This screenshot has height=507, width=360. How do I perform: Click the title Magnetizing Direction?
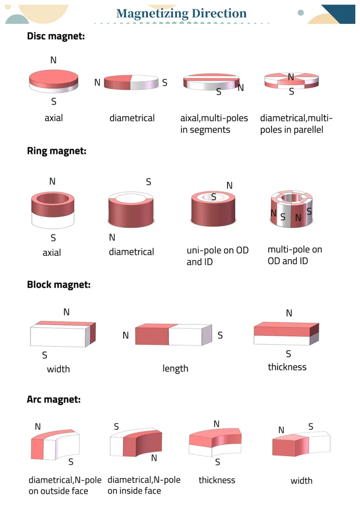[x=181, y=14]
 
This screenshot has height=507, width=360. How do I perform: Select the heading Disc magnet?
[x=56, y=36]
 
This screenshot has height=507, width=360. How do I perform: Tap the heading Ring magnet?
[x=57, y=151]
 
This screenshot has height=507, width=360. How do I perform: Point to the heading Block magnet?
[x=59, y=284]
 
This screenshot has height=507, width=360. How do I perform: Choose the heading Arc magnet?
[x=54, y=399]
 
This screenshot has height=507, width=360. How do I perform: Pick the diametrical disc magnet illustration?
[x=131, y=83]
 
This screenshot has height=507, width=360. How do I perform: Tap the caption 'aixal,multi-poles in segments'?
[x=214, y=124]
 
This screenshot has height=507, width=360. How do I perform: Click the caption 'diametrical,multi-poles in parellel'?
[x=296, y=124]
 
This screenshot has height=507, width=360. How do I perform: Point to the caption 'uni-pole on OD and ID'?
[x=217, y=256]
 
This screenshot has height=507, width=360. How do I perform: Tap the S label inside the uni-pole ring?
[x=213, y=197]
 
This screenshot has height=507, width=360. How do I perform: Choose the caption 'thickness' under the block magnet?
[x=287, y=367]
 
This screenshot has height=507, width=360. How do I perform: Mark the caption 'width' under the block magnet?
[x=58, y=369]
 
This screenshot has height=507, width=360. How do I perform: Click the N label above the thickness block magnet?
[x=289, y=313]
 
